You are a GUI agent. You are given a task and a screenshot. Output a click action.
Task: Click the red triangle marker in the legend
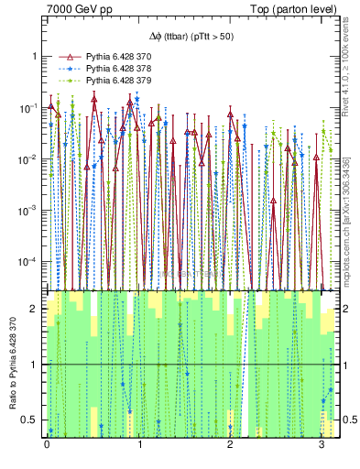coord(60,57)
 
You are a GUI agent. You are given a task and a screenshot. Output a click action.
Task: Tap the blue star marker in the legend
coord(60,69)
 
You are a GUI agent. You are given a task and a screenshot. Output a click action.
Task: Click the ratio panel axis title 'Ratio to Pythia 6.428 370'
coord(11,364)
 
